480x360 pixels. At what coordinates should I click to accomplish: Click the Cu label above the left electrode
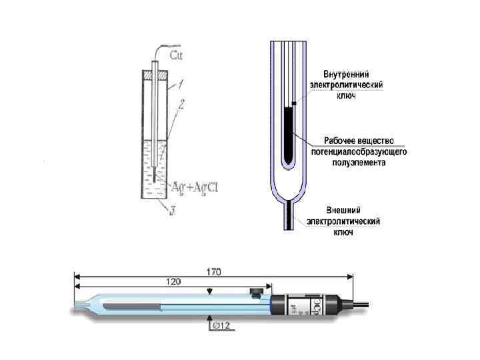pyautogui.click(x=178, y=54)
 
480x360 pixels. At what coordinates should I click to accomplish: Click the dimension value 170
pyautogui.click(x=213, y=271)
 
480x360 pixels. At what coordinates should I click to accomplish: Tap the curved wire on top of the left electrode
pyautogui.click(x=160, y=51)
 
